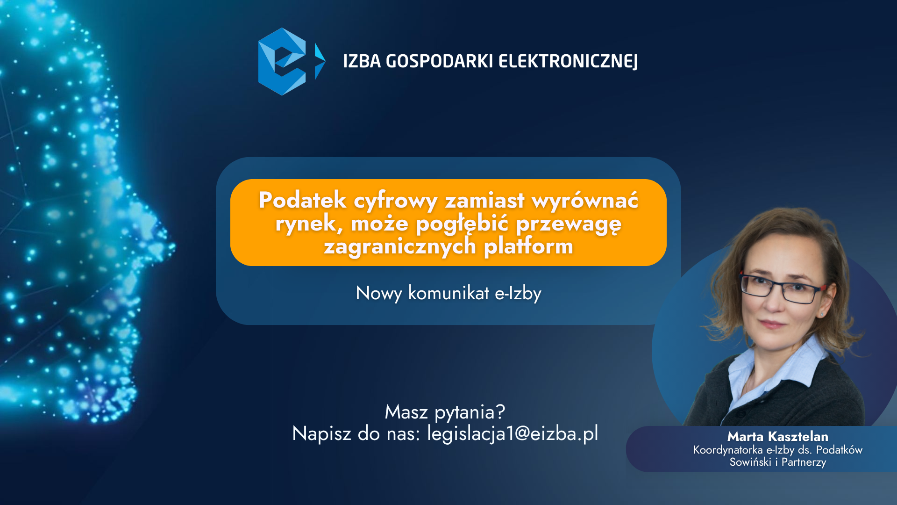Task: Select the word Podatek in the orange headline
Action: click(x=302, y=200)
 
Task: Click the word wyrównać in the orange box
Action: click(x=585, y=200)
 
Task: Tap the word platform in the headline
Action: click(x=528, y=245)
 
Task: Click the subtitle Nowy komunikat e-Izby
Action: click(x=448, y=293)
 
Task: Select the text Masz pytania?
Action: click(x=445, y=412)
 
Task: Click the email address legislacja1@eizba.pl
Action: click(x=513, y=434)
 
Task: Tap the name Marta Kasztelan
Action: click(x=777, y=436)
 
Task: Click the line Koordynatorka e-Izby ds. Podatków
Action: click(x=777, y=450)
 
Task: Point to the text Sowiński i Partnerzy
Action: click(x=777, y=462)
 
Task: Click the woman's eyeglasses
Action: click(x=782, y=286)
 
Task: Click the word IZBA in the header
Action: click(x=362, y=61)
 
